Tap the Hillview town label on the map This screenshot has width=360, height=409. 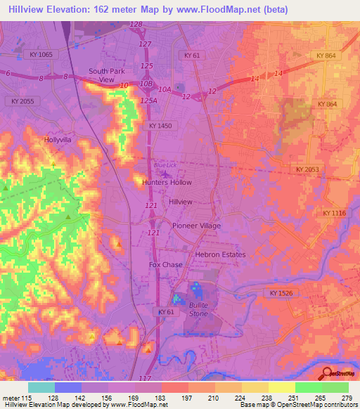181,202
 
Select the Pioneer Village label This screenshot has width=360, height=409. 197,226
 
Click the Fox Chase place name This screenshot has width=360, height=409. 166,265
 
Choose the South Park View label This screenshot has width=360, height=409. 106,75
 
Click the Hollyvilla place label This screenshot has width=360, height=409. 58,140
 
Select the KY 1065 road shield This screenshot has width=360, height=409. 42,54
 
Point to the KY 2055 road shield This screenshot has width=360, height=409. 22,101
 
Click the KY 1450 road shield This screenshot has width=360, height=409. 160,125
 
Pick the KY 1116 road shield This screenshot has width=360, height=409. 335,213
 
